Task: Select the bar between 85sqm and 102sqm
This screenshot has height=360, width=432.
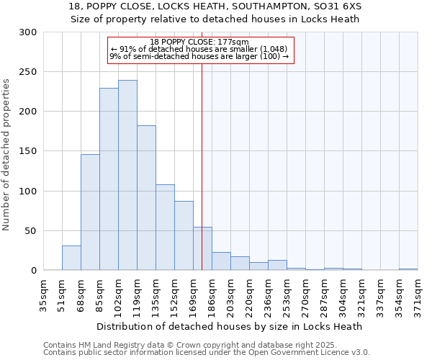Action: (x=109, y=179)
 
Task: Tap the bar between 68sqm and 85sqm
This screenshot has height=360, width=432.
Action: (x=90, y=212)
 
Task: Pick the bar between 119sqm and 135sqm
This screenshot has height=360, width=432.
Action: (x=146, y=198)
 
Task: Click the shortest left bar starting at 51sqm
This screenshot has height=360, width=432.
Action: (x=71, y=258)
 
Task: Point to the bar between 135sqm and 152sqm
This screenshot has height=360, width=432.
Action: (x=165, y=228)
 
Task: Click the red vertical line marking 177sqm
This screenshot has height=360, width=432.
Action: (x=202, y=166)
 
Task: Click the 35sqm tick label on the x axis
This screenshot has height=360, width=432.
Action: (x=43, y=296)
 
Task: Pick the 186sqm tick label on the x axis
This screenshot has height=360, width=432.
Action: (x=212, y=296)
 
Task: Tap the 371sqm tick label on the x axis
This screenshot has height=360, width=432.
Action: (x=418, y=296)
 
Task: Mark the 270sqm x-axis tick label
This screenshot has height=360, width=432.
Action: (x=305, y=296)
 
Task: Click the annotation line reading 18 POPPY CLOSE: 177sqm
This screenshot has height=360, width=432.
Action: (x=201, y=42)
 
